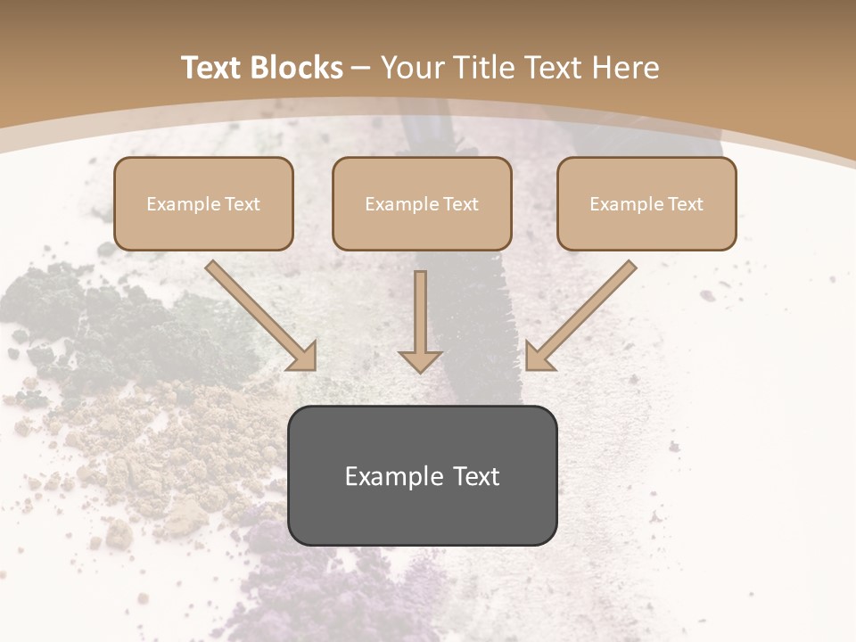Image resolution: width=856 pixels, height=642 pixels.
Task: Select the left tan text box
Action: (x=203, y=203)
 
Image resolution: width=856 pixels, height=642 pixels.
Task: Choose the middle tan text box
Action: (x=422, y=203)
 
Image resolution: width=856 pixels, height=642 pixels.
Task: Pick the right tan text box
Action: (x=646, y=203)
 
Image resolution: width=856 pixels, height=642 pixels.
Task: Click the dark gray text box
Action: (x=422, y=475)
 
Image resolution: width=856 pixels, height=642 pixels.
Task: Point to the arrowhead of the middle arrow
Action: (x=420, y=361)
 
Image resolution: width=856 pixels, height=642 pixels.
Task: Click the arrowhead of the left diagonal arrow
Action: (x=303, y=357)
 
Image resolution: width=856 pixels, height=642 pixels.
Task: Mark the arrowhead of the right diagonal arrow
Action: (x=539, y=357)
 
